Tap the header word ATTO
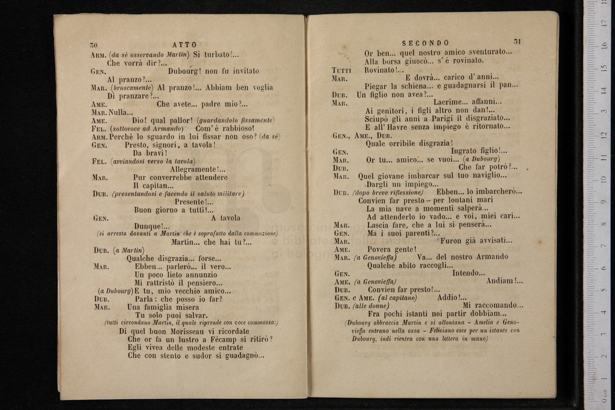(185, 45)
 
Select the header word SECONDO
(425, 43)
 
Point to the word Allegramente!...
(197, 169)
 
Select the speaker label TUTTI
(341, 70)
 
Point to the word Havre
(403, 127)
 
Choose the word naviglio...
(488, 175)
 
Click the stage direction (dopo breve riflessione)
(385, 192)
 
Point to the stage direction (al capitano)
(397, 298)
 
